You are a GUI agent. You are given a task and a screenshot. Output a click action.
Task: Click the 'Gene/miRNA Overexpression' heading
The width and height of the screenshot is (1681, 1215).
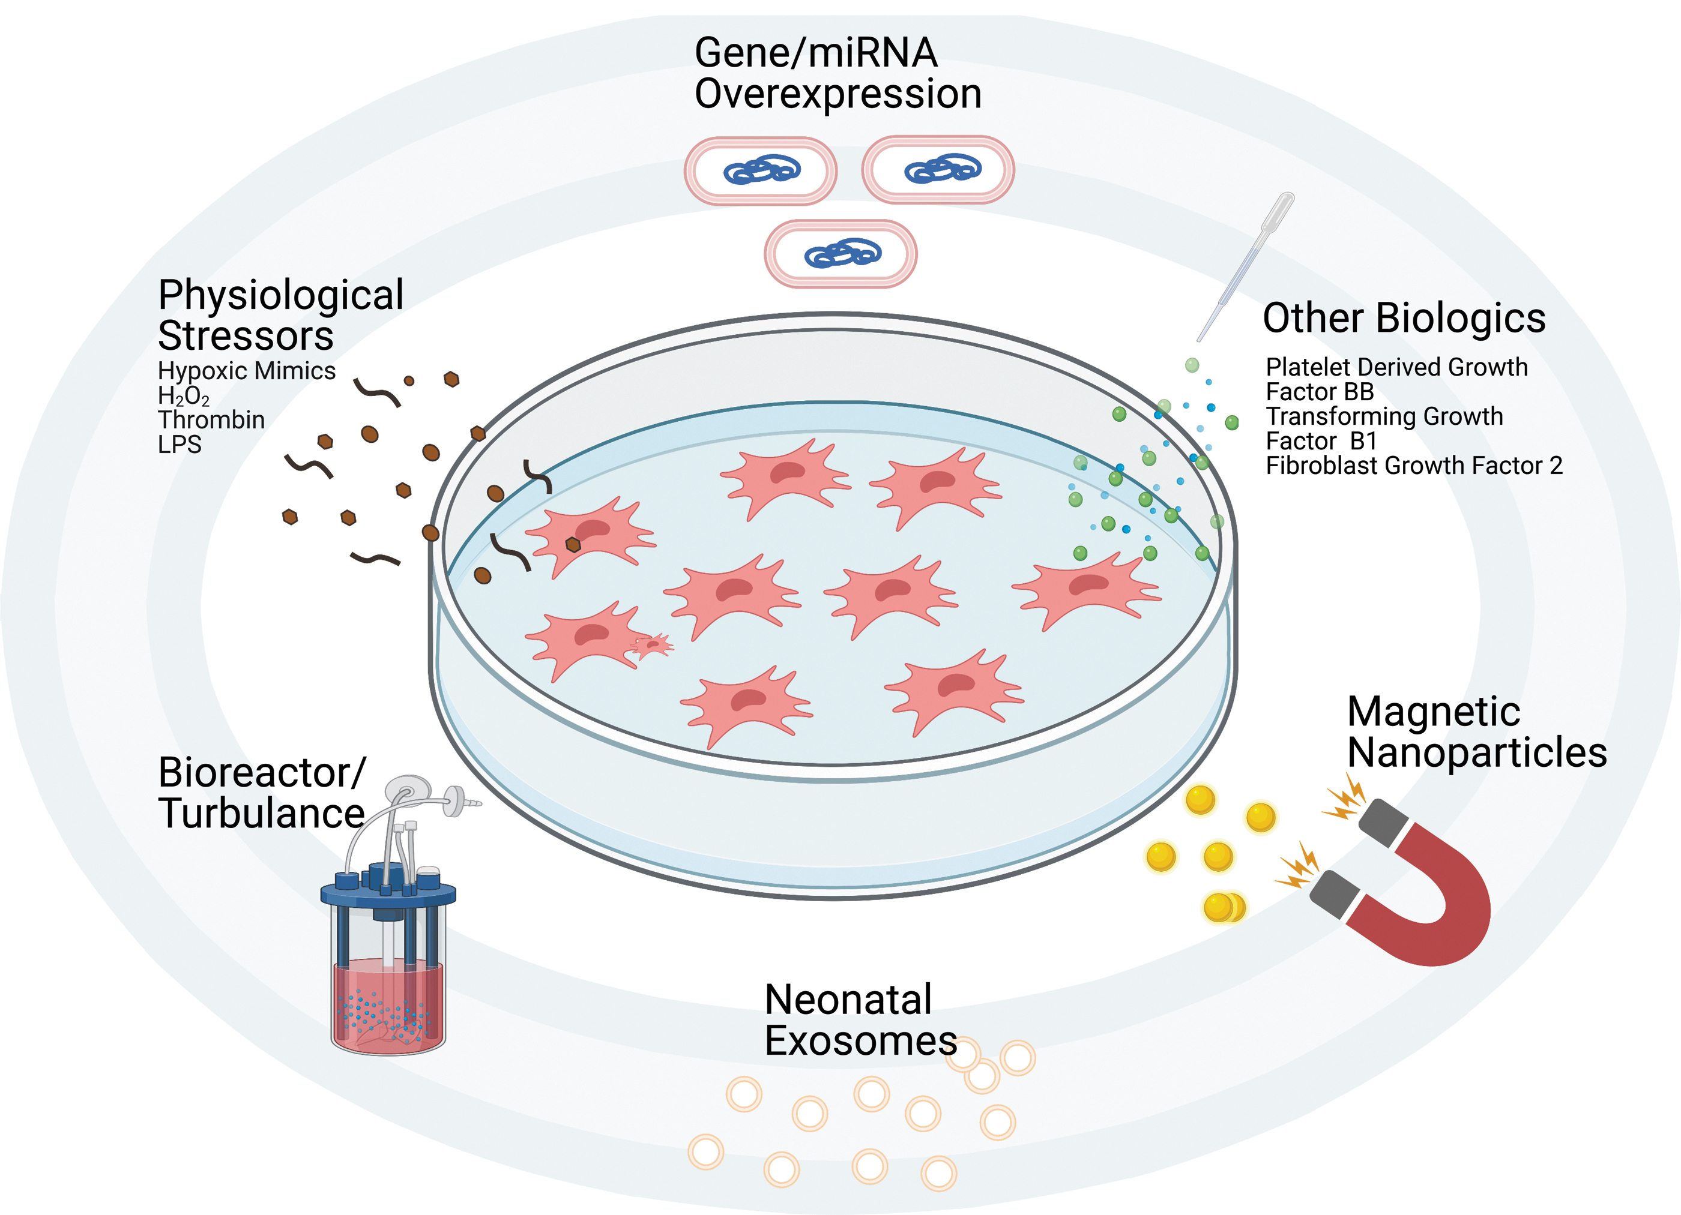pyautogui.click(x=837, y=73)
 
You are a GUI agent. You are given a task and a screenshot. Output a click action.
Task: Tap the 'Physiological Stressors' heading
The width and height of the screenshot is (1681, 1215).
pyautogui.click(x=281, y=315)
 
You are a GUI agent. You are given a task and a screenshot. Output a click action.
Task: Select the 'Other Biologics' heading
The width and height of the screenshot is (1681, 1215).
pyautogui.click(x=1404, y=318)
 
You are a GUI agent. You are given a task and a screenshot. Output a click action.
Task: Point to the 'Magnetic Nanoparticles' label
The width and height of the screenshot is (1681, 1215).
pyautogui.click(x=1476, y=732)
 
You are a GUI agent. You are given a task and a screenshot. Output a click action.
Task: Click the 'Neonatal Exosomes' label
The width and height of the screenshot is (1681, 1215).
pyautogui.click(x=860, y=1020)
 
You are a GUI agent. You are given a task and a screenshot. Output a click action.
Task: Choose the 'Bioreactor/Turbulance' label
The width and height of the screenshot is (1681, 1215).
pyautogui.click(x=262, y=793)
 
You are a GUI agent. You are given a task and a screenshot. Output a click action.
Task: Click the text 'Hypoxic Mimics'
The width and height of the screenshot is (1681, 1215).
pyautogui.click(x=247, y=370)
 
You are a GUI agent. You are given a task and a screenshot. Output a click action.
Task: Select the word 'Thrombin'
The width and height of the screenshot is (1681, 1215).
pyautogui.click(x=211, y=420)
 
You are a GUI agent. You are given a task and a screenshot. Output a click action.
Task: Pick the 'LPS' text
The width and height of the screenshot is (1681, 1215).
pyautogui.click(x=180, y=445)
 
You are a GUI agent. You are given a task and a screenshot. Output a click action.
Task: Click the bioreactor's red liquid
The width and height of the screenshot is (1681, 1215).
pyautogui.click(x=388, y=1003)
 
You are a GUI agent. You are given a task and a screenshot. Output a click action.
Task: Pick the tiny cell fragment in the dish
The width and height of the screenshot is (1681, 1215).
pyautogui.click(x=652, y=645)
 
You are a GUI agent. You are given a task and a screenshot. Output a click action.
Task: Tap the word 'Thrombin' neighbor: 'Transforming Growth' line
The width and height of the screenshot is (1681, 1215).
pyautogui.click(x=1384, y=416)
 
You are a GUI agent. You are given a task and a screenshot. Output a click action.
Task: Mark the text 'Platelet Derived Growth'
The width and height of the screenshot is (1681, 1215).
pyautogui.click(x=1397, y=367)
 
